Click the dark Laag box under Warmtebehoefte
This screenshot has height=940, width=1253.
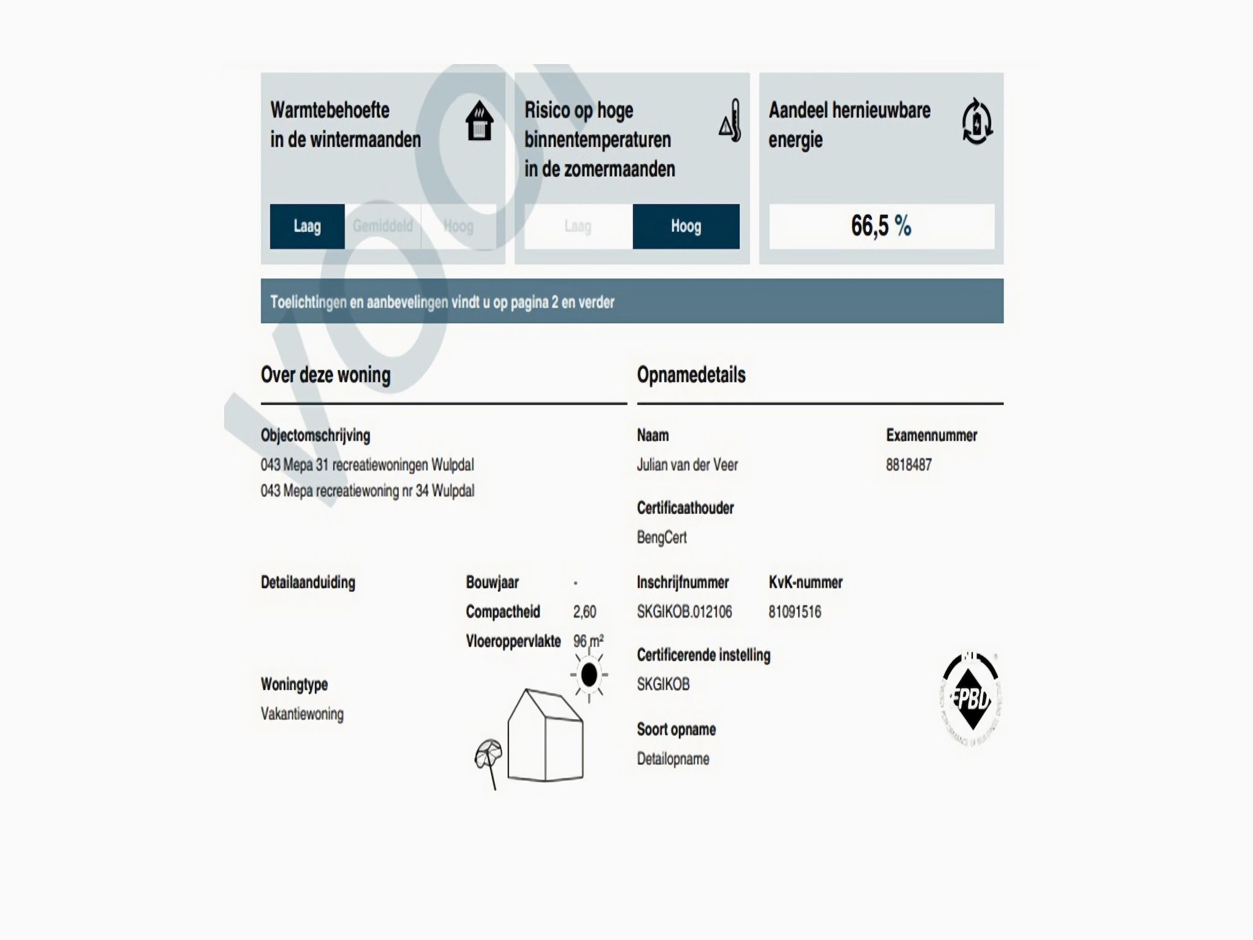pyautogui.click(x=307, y=226)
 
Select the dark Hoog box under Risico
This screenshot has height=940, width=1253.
pyautogui.click(x=686, y=226)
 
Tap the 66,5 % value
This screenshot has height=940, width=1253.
pyautogui.click(x=881, y=226)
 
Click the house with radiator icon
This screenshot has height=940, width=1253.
pyautogui.click(x=480, y=121)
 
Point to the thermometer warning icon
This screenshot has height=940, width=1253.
pyautogui.click(x=731, y=121)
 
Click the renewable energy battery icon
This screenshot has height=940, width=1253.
pyautogui.click(x=976, y=121)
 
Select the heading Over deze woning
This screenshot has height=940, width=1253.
pyautogui.click(x=325, y=375)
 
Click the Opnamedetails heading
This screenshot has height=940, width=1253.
pyautogui.click(x=691, y=375)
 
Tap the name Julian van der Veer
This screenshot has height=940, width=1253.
pyautogui.click(x=687, y=465)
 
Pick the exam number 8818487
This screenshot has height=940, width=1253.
pyautogui.click(x=909, y=465)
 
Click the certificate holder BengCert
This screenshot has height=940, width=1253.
pyautogui.click(x=661, y=537)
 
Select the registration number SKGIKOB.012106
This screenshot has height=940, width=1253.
pyautogui.click(x=684, y=612)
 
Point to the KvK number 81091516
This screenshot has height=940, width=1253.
pyautogui.click(x=795, y=612)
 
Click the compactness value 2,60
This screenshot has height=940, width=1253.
pyautogui.click(x=584, y=612)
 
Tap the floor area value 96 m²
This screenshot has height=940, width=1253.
pyautogui.click(x=588, y=641)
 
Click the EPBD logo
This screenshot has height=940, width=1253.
pyautogui.click(x=970, y=698)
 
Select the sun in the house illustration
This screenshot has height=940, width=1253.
pyautogui.click(x=589, y=675)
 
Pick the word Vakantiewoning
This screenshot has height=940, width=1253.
pyautogui.click(x=302, y=714)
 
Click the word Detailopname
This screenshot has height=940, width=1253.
pyautogui.click(x=673, y=759)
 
